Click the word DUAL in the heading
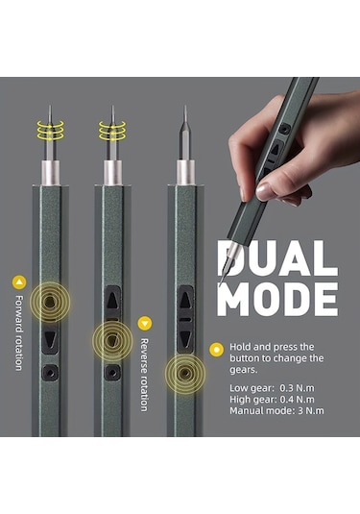tap(277, 258)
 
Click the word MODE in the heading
tap(277, 300)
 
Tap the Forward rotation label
tap(19, 333)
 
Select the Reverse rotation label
tap(144, 375)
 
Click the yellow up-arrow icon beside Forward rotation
tap(19, 281)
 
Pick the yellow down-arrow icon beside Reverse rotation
tap(144, 324)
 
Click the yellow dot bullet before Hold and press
tap(216, 350)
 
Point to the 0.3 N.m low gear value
tap(297, 388)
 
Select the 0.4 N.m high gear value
tap(297, 400)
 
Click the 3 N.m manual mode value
tap(310, 411)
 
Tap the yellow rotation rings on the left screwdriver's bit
tap(50, 130)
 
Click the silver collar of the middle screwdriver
tap(112, 173)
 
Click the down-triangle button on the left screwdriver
tap(50, 339)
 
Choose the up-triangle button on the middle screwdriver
tap(112, 300)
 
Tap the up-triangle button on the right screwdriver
tap(185, 300)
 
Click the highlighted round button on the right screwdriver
tap(185, 374)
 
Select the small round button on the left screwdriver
tap(50, 373)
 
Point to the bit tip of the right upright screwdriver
tap(185, 107)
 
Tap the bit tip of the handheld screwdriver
tap(220, 284)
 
